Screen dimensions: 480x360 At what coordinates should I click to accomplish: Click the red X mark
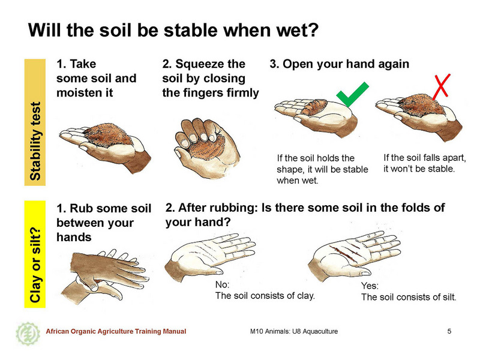click(441, 86)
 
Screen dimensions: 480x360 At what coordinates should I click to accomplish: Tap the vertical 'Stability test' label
click(35, 122)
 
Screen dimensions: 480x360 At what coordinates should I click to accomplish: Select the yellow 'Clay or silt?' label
click(35, 254)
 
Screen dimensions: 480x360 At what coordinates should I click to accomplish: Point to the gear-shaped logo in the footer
click(28, 333)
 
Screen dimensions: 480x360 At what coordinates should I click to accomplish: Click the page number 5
click(449, 331)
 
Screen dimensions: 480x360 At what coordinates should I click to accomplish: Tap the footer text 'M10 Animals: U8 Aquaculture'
click(294, 331)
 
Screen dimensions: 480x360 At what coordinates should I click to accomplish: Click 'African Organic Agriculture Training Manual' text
click(116, 331)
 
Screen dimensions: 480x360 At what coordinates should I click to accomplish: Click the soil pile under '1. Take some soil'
click(107, 134)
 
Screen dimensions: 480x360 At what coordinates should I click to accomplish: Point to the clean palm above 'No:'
click(211, 254)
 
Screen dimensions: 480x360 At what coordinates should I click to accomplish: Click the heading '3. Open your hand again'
click(339, 64)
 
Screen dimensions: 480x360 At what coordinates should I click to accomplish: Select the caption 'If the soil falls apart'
click(425, 158)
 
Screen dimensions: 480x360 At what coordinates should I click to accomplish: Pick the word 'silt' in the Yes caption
click(449, 297)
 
